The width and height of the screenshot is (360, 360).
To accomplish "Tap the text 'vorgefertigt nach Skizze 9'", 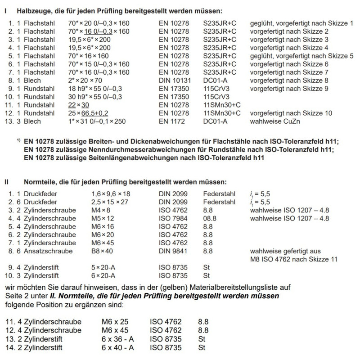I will tap(289, 88).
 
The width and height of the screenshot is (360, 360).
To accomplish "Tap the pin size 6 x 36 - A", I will tap(120, 339).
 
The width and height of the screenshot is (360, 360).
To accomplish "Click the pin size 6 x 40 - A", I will tap(120, 347).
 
